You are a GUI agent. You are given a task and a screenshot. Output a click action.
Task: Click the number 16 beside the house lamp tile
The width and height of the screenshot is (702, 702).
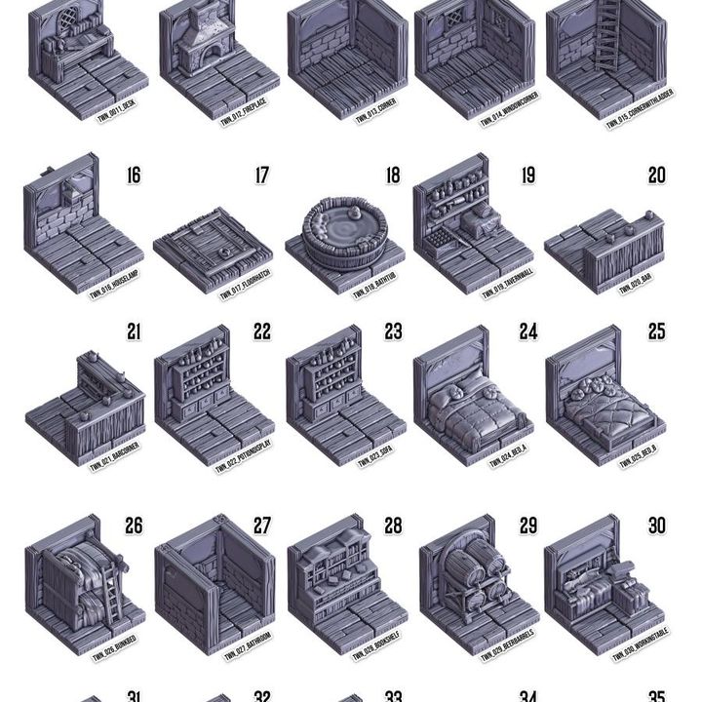pyautogui.click(x=133, y=175)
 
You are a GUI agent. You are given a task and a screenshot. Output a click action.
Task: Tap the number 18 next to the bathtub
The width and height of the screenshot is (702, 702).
pyautogui.click(x=392, y=175)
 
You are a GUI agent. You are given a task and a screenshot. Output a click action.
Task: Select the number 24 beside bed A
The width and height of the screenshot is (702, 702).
pyautogui.click(x=527, y=331)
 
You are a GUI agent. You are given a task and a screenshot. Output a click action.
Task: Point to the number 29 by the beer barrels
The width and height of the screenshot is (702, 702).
pyautogui.click(x=527, y=526)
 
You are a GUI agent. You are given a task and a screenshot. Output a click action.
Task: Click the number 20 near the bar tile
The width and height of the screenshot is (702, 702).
pyautogui.click(x=657, y=175)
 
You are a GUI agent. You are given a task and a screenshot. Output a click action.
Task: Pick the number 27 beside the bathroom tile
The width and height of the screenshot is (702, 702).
pyautogui.click(x=262, y=526)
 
